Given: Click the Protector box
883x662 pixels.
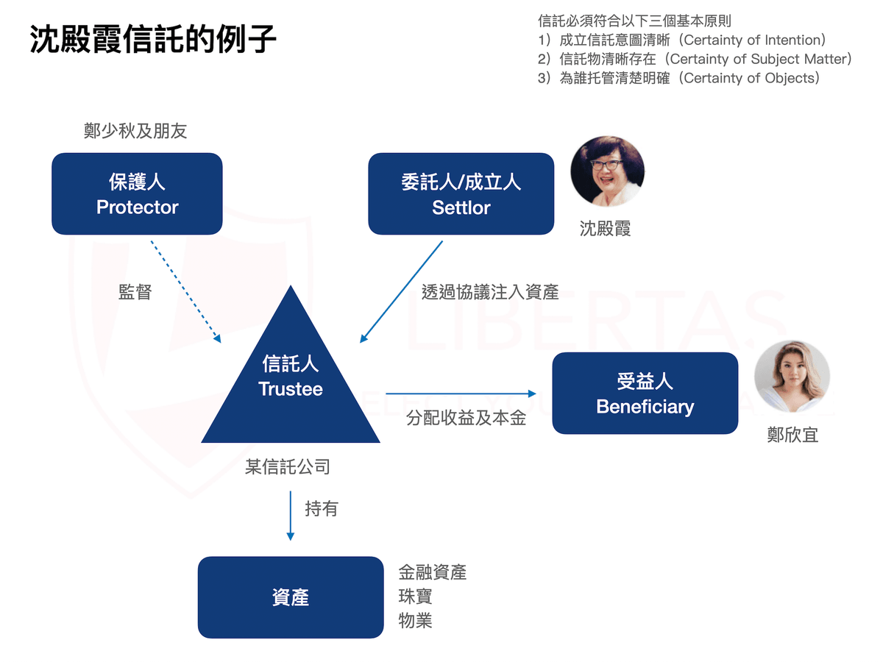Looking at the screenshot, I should click(137, 193).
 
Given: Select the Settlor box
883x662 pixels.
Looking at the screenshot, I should click(461, 193).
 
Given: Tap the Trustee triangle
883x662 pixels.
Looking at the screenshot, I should click(291, 382).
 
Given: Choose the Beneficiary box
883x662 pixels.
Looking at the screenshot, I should click(645, 393).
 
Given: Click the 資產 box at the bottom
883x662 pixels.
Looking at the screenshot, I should click(290, 597).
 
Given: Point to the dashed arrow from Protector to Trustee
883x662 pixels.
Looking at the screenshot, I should click(185, 291).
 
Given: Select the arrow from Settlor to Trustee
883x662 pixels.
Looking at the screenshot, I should click(401, 291).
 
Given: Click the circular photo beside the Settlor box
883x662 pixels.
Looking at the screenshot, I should click(608, 171).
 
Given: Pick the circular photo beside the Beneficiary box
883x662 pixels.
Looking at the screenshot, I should click(792, 377).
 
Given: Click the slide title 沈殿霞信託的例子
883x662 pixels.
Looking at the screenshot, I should click(153, 40).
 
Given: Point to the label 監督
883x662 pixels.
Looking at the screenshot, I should click(135, 292).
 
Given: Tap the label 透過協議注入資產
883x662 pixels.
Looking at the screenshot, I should click(490, 292).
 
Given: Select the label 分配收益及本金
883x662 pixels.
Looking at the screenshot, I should click(467, 419).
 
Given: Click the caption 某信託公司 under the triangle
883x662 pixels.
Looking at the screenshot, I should click(288, 466).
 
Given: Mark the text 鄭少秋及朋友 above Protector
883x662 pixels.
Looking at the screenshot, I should click(135, 131).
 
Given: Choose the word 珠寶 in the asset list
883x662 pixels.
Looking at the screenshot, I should click(415, 596).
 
